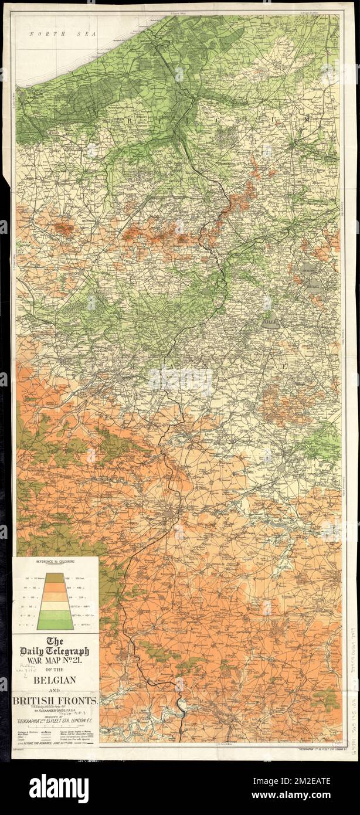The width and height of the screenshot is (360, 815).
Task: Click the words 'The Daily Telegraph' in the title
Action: point(55,647)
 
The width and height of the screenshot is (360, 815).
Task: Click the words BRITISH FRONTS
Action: point(55,699)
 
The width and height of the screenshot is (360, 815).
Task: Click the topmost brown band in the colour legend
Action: point(55,577)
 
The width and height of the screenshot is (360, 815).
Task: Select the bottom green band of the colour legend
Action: point(55,625)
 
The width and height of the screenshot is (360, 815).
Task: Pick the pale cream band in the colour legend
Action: point(55,606)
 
